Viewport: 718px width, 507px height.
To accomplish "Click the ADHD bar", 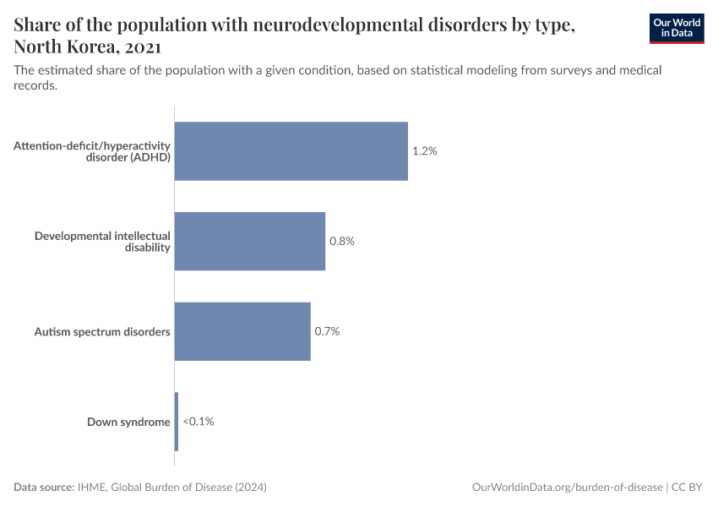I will [x=291, y=151].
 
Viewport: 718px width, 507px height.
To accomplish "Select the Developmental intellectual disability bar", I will [x=249, y=241].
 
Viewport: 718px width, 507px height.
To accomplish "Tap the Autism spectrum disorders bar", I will [x=242, y=331].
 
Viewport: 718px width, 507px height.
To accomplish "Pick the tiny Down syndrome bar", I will [x=177, y=422].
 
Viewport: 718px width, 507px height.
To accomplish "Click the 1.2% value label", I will [x=424, y=151].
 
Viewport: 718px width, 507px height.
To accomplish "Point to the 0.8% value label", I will [x=342, y=241].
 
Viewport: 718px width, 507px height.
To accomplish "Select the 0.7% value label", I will [x=327, y=331].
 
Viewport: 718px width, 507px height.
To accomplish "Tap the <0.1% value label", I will [x=199, y=422].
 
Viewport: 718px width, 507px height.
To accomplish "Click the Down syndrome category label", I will [x=128, y=422].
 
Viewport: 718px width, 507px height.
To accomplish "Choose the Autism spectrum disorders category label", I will [x=102, y=331].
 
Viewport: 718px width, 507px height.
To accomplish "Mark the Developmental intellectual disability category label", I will [x=102, y=241].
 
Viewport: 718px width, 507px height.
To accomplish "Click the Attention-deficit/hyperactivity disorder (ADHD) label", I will [x=92, y=151].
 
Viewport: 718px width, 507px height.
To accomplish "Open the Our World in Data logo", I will [x=677, y=28].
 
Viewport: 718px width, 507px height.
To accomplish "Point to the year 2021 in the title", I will [x=142, y=46].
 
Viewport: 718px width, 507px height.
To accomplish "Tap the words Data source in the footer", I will [x=44, y=488].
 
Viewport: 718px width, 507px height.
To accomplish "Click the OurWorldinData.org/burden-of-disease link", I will [x=566, y=488].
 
